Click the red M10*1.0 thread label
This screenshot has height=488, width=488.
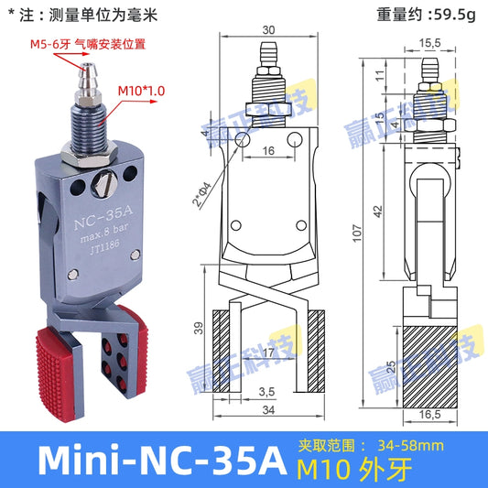click(141, 92)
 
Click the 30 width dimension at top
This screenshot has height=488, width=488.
click(267, 29)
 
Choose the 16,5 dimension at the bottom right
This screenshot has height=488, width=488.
click(429, 415)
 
